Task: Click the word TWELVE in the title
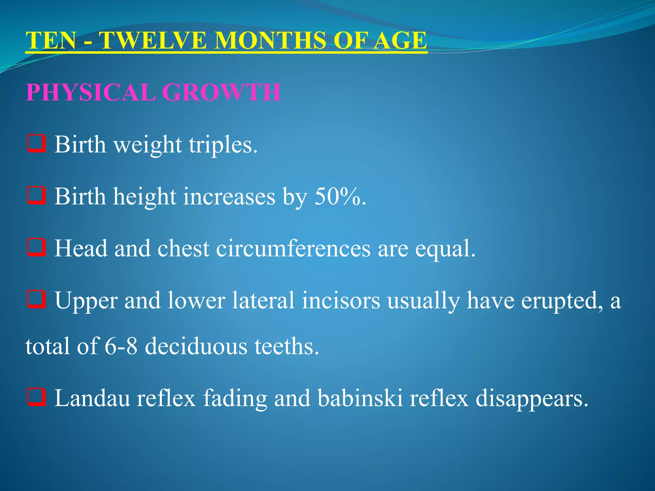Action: [x=153, y=41]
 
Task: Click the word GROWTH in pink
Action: [x=221, y=93]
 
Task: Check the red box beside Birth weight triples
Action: [x=36, y=144]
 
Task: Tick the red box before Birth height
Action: [x=36, y=195]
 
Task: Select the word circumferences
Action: [x=293, y=248]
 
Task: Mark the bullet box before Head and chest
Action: [x=36, y=247]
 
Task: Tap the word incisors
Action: [x=341, y=300]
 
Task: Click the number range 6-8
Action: [x=121, y=347]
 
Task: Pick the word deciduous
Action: [x=196, y=347]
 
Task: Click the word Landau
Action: [x=92, y=398]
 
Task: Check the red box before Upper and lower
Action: [x=36, y=299]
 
